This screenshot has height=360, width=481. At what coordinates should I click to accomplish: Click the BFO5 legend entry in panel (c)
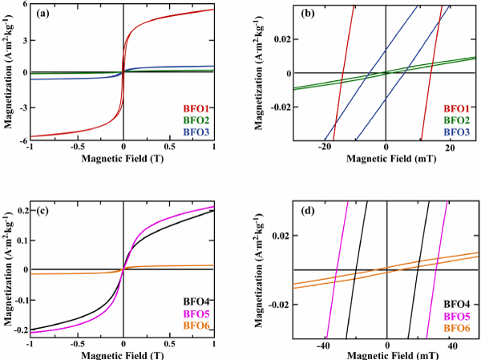pyautogui.click(x=197, y=314)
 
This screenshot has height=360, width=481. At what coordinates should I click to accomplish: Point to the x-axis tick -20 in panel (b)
pyautogui.click(x=323, y=149)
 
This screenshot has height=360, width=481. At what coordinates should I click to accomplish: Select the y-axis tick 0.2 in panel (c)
pyautogui.click(x=20, y=210)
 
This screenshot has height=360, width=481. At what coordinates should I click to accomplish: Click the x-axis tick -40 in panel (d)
pyautogui.click(x=323, y=346)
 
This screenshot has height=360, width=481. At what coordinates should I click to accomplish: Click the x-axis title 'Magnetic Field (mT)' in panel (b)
pyautogui.click(x=386, y=160)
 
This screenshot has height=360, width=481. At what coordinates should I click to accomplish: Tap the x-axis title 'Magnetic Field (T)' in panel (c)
pyautogui.click(x=123, y=356)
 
